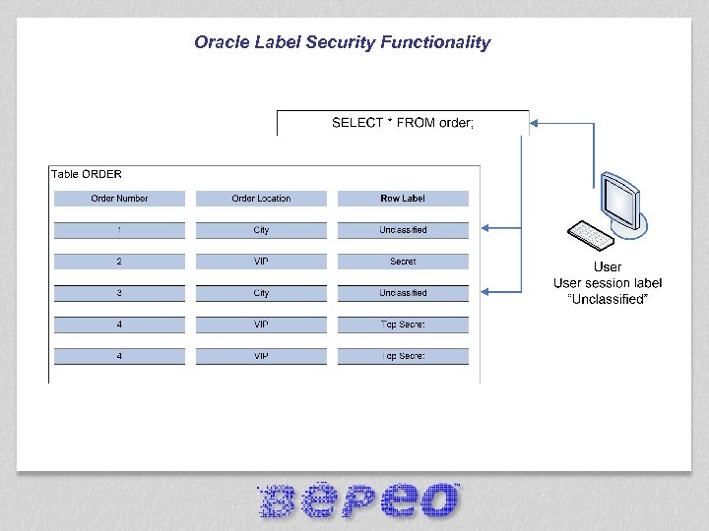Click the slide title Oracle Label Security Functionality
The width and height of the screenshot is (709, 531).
(342, 42)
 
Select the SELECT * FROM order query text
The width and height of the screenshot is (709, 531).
(403, 123)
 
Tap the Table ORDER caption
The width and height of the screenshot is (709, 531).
(87, 174)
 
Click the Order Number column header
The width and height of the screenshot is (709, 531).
(119, 199)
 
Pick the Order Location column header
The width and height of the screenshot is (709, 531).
(261, 199)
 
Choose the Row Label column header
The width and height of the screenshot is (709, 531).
(403, 199)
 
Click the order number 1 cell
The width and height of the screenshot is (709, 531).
(119, 230)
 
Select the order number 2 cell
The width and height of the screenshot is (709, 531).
(119, 262)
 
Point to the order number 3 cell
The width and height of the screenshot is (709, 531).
(119, 293)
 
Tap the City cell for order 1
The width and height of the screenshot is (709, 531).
(261, 230)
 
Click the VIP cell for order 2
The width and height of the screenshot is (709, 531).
(261, 262)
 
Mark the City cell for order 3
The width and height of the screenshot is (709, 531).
(261, 293)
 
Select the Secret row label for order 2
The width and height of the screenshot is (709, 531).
(403, 262)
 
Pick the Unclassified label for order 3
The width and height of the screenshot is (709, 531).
(403, 293)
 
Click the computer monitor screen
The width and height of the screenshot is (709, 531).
(619, 200)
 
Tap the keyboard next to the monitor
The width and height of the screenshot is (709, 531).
(588, 236)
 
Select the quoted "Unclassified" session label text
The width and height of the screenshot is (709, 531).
(608, 299)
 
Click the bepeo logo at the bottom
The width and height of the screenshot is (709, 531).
(358, 501)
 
